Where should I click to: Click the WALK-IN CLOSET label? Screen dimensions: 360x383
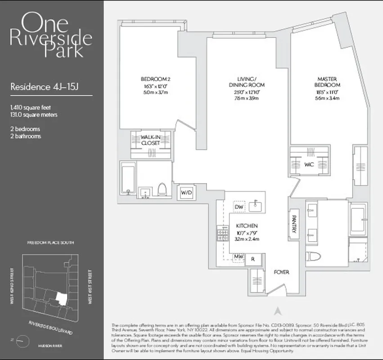click(x=151, y=139)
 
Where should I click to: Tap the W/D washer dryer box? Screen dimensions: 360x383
click(x=186, y=193)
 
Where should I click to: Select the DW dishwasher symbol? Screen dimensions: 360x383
click(x=239, y=207)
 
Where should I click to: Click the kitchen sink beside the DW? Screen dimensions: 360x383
click(x=256, y=206)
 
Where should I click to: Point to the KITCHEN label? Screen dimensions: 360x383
click(x=246, y=225)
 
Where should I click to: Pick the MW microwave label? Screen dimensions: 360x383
click(x=239, y=257)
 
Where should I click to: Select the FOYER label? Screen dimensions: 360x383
click(x=282, y=272)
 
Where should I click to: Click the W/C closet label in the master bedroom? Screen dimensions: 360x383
click(x=309, y=165)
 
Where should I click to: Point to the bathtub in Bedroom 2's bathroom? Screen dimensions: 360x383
click(x=127, y=179)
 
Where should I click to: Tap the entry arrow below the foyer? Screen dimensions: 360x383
click(x=278, y=310)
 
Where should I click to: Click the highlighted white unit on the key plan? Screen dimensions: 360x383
click(x=60, y=297)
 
